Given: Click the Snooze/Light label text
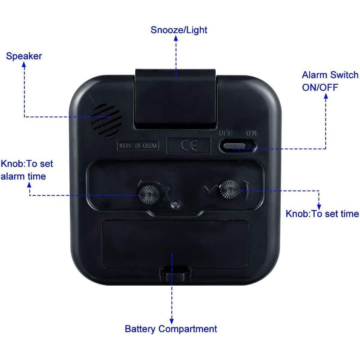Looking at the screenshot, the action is pos(179,30).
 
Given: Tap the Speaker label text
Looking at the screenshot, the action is pos(24,56).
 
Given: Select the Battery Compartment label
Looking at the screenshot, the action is pos(171,329).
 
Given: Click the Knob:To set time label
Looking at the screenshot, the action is pos(322,214).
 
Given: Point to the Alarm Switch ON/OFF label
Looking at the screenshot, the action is pos(330,81).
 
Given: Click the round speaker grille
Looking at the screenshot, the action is pos(106,120).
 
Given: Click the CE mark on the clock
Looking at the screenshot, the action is pos(189,146).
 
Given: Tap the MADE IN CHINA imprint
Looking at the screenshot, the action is pos(138,146).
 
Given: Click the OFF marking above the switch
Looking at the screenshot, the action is pos(226,134).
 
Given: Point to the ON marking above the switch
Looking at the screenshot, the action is pos(251,134).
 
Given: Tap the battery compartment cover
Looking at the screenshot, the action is pos(175,244).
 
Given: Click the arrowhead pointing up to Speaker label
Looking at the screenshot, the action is pos(24,65).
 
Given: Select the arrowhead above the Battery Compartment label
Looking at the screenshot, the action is pos(171,320).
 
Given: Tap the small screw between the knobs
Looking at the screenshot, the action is pos(175,205).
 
